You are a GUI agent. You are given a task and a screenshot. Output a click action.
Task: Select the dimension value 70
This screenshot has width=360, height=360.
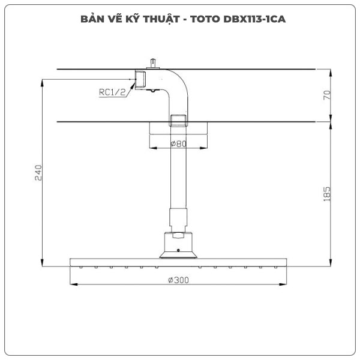click(327, 95)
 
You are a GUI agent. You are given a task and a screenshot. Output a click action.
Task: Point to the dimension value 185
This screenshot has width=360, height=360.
click(327, 193)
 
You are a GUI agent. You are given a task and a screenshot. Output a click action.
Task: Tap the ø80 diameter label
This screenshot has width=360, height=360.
click(178, 144)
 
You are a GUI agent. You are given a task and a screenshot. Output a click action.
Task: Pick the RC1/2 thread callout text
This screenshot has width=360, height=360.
click(112, 92)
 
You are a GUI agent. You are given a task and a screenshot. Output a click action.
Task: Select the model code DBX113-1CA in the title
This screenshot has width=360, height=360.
click(253, 19)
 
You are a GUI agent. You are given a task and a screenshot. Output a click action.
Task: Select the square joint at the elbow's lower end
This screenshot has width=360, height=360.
click(178, 121)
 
